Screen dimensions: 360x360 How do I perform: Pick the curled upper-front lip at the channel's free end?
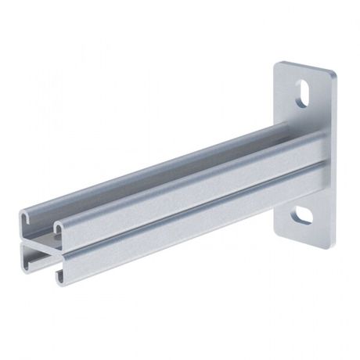coord(59,228)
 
